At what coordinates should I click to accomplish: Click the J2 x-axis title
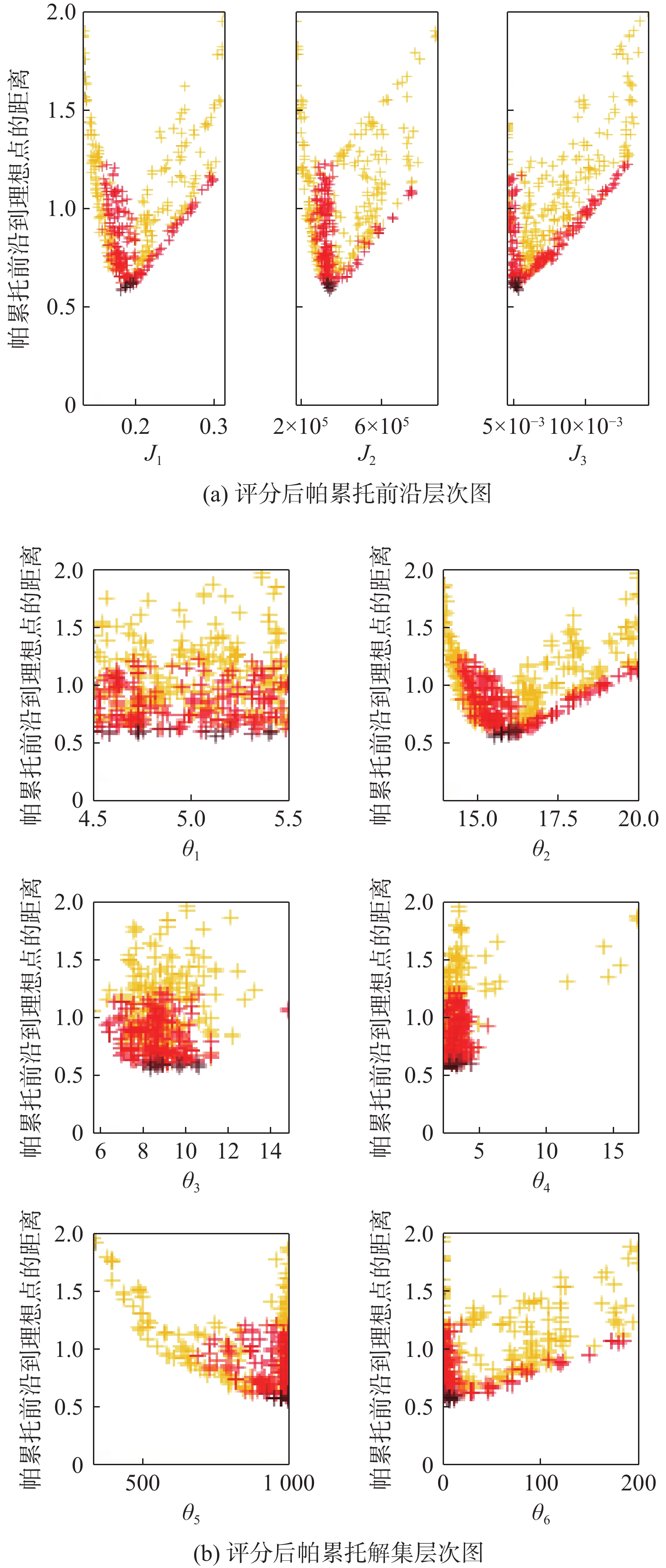click(366, 454)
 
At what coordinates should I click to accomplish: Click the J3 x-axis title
click(577, 454)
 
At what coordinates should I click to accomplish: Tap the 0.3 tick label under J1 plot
click(213, 427)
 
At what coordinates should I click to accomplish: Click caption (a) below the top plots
click(347, 493)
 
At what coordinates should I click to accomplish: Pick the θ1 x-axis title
click(190, 849)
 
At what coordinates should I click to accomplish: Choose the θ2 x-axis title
click(541, 849)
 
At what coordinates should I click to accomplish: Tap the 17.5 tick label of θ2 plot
click(558, 818)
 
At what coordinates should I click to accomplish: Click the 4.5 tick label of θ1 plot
click(92, 818)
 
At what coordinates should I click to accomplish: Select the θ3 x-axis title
click(190, 1182)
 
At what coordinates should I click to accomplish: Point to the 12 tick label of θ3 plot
click(228, 1151)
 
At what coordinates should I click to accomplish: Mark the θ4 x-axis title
click(541, 1182)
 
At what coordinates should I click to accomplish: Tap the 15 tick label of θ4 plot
click(613, 1151)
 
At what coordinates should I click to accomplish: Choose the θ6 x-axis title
click(541, 1514)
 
